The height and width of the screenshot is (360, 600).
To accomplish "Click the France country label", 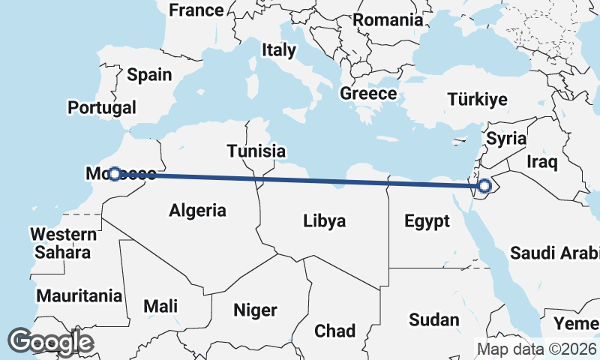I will [196, 10].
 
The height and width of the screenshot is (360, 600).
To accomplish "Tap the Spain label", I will [149, 75].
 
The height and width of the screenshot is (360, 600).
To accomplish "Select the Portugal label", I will [102, 108].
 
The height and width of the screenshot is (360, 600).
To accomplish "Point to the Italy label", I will [278, 50].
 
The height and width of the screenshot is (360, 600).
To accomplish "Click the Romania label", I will [388, 20].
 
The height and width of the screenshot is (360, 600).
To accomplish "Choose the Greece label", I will [367, 94].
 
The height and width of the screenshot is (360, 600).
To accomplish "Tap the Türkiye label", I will [477, 99].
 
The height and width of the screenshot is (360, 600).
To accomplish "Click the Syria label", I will [506, 139].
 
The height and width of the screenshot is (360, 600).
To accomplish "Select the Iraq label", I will [540, 162].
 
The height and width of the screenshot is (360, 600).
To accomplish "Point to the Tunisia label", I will [256, 151].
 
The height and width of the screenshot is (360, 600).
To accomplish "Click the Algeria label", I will [197, 210].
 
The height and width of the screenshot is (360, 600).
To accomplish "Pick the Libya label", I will [324, 221].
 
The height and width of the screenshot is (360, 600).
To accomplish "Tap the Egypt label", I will [427, 221].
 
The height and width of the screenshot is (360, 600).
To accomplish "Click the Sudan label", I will [433, 319].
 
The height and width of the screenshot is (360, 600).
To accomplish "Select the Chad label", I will [335, 331].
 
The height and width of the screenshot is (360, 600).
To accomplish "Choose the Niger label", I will [255, 310].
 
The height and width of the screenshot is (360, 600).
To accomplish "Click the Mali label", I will [161, 306].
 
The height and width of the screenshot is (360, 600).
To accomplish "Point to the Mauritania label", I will [79, 295].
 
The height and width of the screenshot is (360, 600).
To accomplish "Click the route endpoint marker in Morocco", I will [114, 174].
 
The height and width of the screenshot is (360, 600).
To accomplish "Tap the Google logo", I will [50, 342].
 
